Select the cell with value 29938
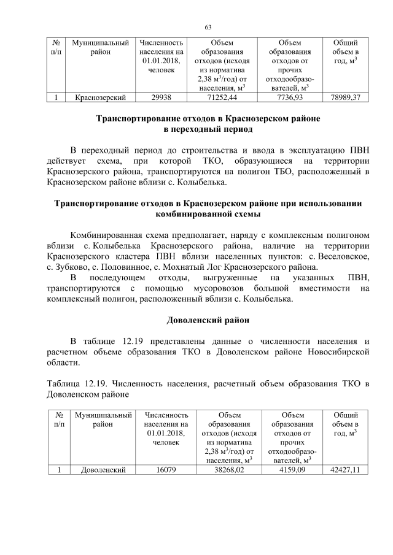point(161,97)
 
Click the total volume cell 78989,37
point(345,97)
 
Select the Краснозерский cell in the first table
point(100,97)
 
